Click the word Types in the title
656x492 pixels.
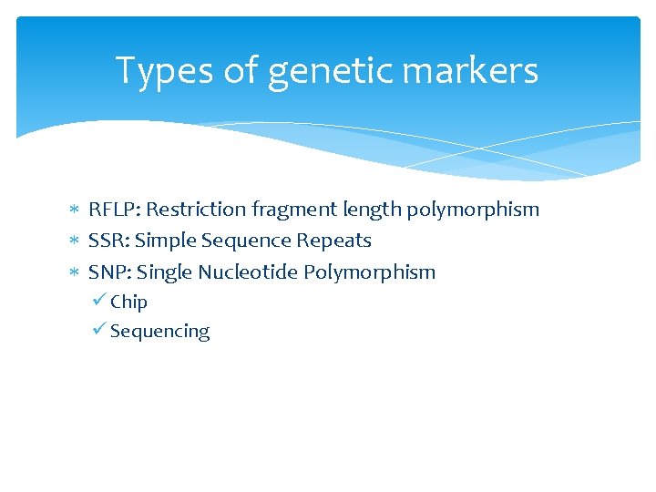click(x=165, y=71)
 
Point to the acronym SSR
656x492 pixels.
click(x=108, y=241)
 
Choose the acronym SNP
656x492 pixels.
click(x=109, y=272)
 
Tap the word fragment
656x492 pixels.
click(x=294, y=210)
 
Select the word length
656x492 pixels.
click(x=372, y=210)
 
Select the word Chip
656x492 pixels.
click(x=128, y=302)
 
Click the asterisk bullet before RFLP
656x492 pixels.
click(x=76, y=210)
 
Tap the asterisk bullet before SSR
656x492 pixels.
click(x=76, y=241)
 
